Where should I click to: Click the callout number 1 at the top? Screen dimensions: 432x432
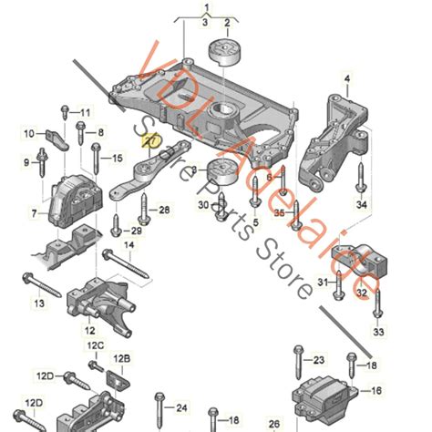click(x=206, y=8)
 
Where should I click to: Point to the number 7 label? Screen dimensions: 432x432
click(x=34, y=213)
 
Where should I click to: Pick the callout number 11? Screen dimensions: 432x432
click(x=85, y=112)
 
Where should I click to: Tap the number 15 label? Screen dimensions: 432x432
click(x=117, y=159)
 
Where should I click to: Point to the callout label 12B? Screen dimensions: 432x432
click(x=122, y=360)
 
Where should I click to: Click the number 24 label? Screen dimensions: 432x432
click(x=180, y=407)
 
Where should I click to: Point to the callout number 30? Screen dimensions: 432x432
click(x=202, y=206)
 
